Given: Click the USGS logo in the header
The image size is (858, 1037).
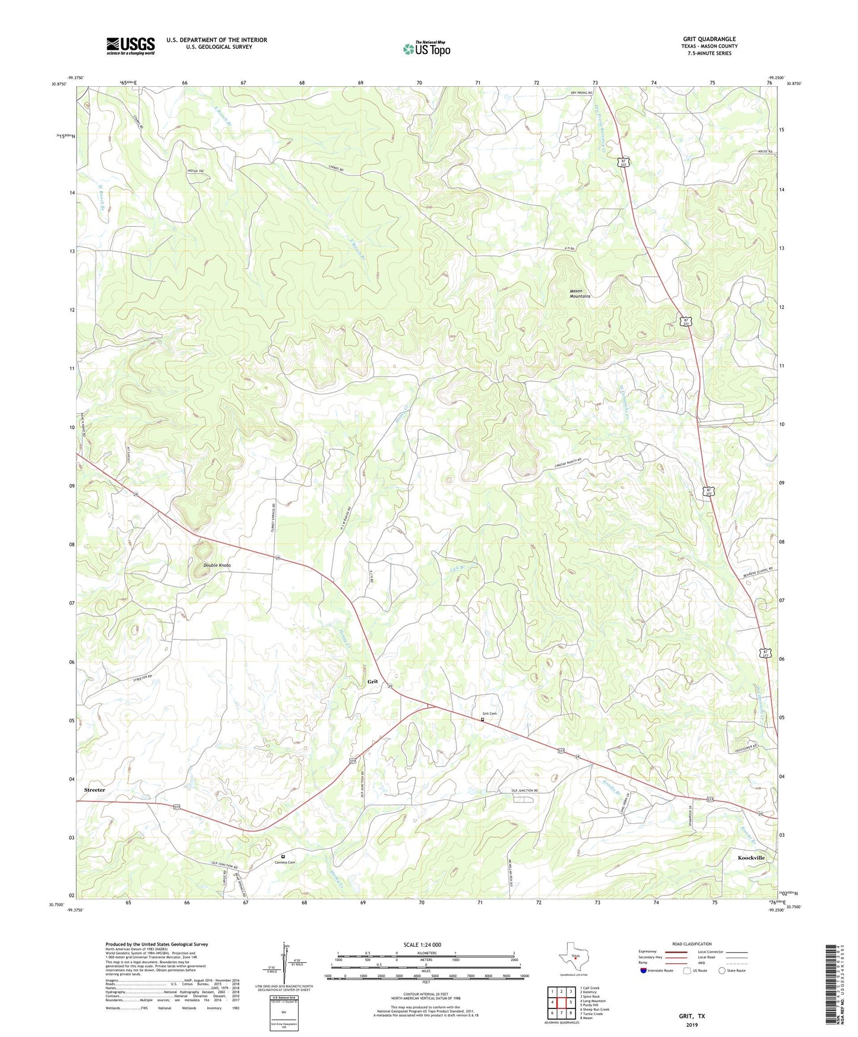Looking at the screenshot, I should coord(131,46).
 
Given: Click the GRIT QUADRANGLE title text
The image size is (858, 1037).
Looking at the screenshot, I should coord(709,39).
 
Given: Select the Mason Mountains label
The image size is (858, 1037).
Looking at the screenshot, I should coord(580,293).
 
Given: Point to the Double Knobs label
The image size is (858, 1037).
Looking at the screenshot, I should coord(217,565).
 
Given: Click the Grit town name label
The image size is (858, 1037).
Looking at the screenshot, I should coord(372,681).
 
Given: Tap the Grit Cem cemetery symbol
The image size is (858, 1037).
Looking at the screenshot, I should coord(482,719).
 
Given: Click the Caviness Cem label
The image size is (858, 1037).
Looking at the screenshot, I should coord(284,862).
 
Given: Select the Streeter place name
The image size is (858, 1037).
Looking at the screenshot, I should coord(94,790).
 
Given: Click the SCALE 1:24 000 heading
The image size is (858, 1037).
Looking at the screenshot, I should coord(422,944).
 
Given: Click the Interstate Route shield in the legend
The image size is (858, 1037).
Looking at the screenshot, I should coord(644,971).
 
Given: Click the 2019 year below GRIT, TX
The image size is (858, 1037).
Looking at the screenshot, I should coord(692,1025).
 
